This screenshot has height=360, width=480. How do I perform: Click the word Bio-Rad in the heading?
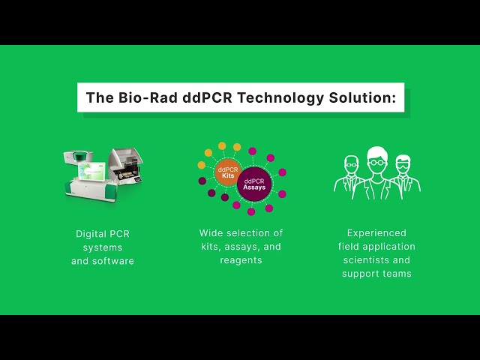tap(148, 97)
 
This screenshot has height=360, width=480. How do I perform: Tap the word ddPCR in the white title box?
tap(207, 97)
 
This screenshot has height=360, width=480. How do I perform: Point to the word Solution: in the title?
tap(362, 97)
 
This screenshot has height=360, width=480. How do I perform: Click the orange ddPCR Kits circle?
tap(228, 172)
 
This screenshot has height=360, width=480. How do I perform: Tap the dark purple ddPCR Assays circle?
tap(254, 184)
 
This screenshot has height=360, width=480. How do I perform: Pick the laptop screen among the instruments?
tap(91, 171)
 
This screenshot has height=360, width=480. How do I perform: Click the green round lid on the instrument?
tap(80, 155)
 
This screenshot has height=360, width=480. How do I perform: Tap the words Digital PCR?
tap(103, 234)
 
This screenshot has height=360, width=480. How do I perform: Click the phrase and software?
tap(103, 261)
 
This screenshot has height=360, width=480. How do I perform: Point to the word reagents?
tap(241, 260)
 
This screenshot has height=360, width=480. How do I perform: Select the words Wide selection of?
tap(241, 233)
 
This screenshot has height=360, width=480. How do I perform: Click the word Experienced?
tap(376, 233)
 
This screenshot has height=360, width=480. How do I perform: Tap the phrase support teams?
tap(376, 274)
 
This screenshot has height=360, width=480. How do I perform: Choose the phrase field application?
tap(376, 247)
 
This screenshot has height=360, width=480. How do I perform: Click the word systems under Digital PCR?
tap(103, 247)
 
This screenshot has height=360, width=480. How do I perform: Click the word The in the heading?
tap(100, 97)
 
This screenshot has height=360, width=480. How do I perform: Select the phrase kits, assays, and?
tap(241, 247)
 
